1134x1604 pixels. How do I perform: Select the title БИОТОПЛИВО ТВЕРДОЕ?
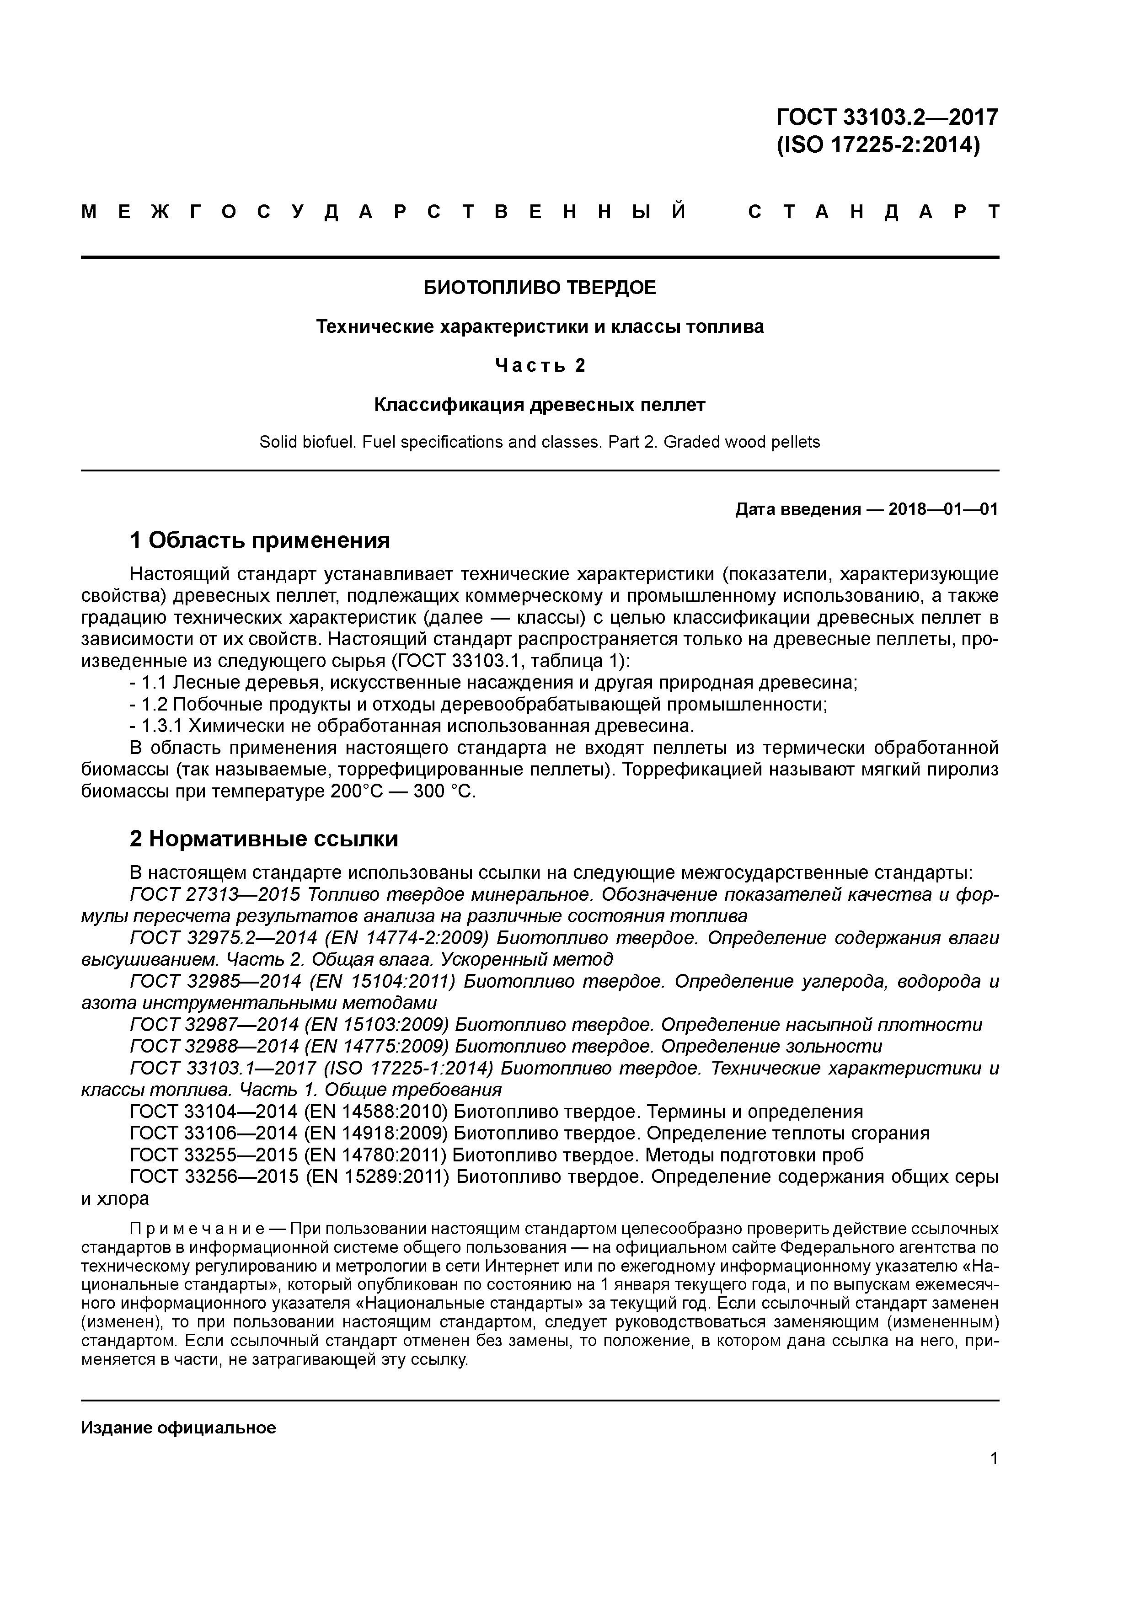click(x=540, y=288)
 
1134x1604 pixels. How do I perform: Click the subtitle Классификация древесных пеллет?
click(x=540, y=405)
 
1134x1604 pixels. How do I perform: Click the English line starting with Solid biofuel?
click(x=540, y=442)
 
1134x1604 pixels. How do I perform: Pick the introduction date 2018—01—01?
click(x=943, y=509)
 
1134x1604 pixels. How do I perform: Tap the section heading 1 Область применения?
click(x=260, y=540)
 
